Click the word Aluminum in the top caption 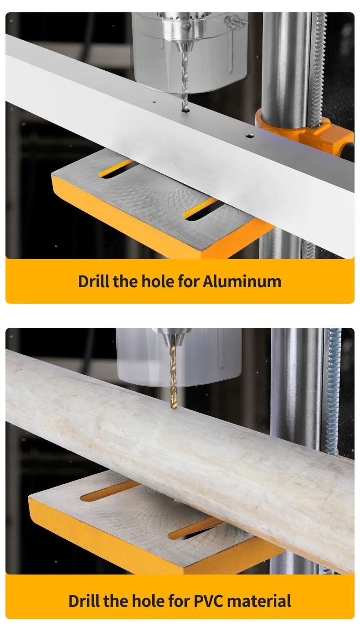242,281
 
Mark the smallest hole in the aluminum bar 154,102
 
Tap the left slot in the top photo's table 117,170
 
